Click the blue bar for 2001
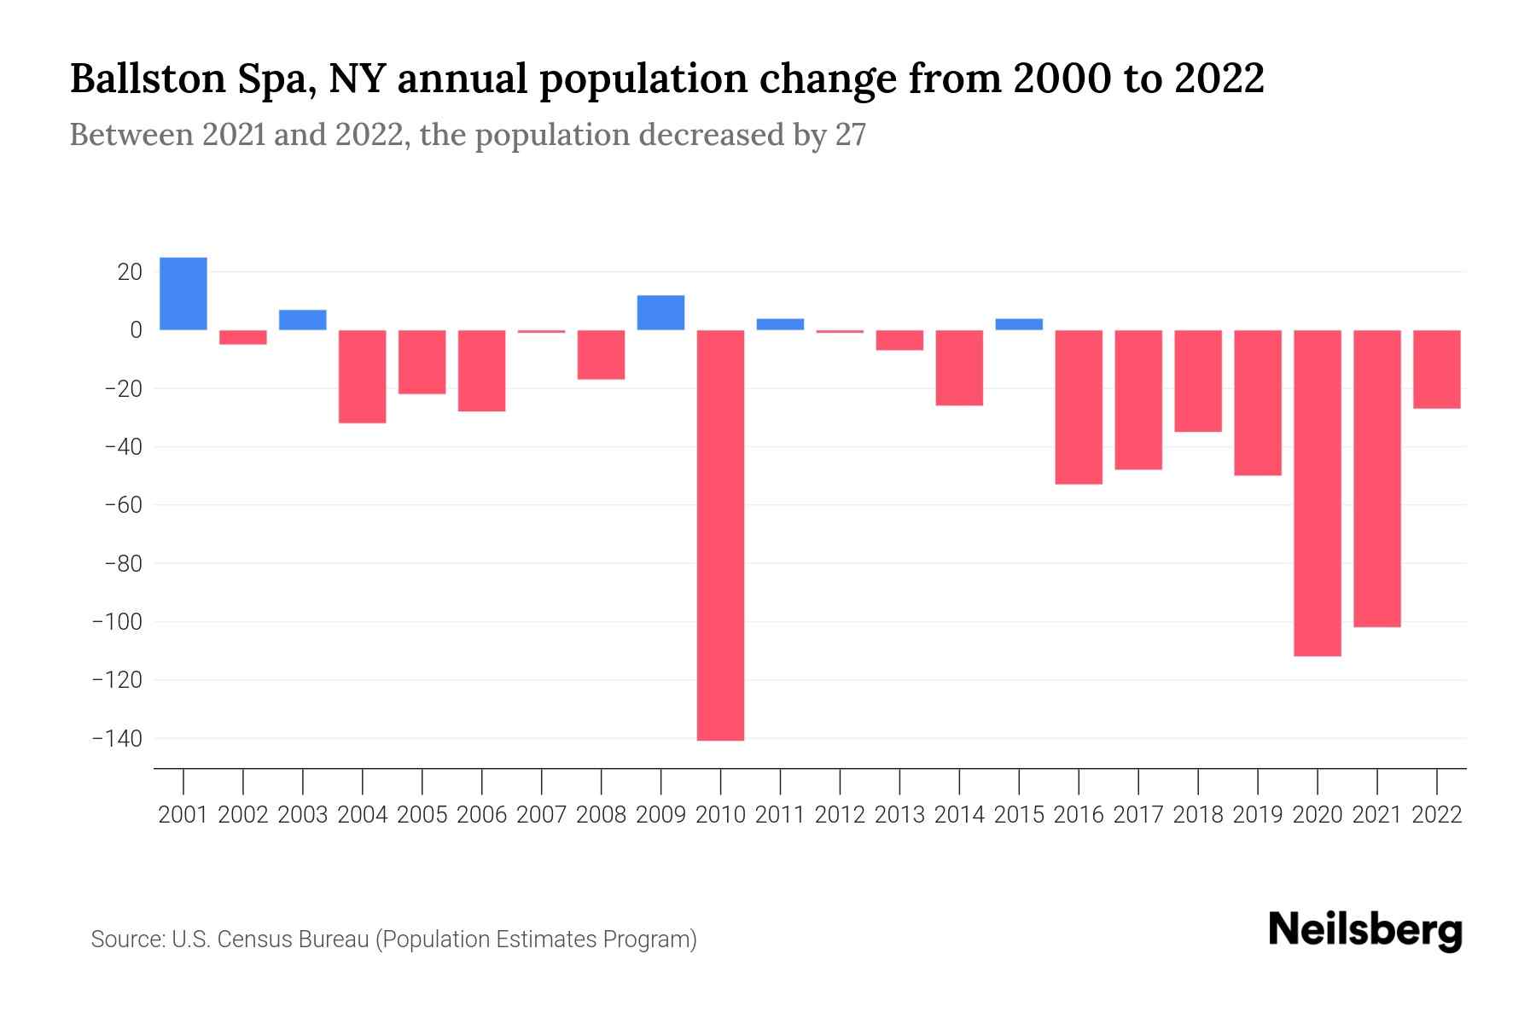(x=183, y=294)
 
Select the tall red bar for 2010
(x=720, y=535)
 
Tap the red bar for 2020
(x=1317, y=492)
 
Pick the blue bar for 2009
(x=660, y=312)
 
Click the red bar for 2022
(x=1436, y=369)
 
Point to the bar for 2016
(x=1079, y=407)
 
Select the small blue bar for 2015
(x=1019, y=324)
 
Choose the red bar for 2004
(x=363, y=376)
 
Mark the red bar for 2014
(x=959, y=368)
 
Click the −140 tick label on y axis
(x=117, y=738)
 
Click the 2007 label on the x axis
(x=541, y=815)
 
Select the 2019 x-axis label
(x=1257, y=815)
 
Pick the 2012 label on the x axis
(x=840, y=815)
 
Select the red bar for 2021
(x=1376, y=479)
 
